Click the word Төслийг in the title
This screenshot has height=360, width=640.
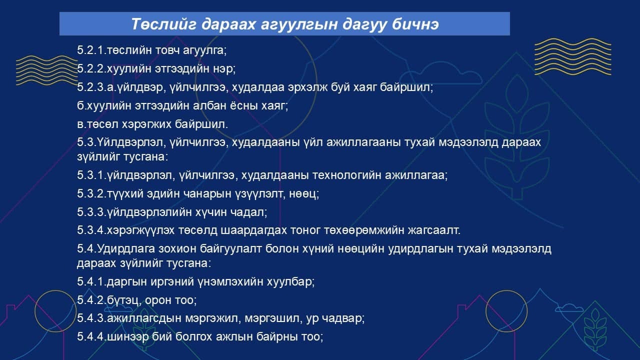[x=163, y=23]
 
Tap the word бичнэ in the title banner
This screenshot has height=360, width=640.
[x=415, y=23]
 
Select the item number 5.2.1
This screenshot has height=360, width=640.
[x=91, y=50]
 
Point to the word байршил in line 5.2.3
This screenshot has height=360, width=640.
[x=406, y=87]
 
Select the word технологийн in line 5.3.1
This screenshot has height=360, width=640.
[x=346, y=175]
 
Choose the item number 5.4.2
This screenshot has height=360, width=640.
[x=91, y=300]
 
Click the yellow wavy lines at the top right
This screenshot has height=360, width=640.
[x=572, y=56]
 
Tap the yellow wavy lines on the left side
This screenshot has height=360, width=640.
[x=47, y=70]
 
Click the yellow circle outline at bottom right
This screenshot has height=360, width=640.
[x=506, y=291]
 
